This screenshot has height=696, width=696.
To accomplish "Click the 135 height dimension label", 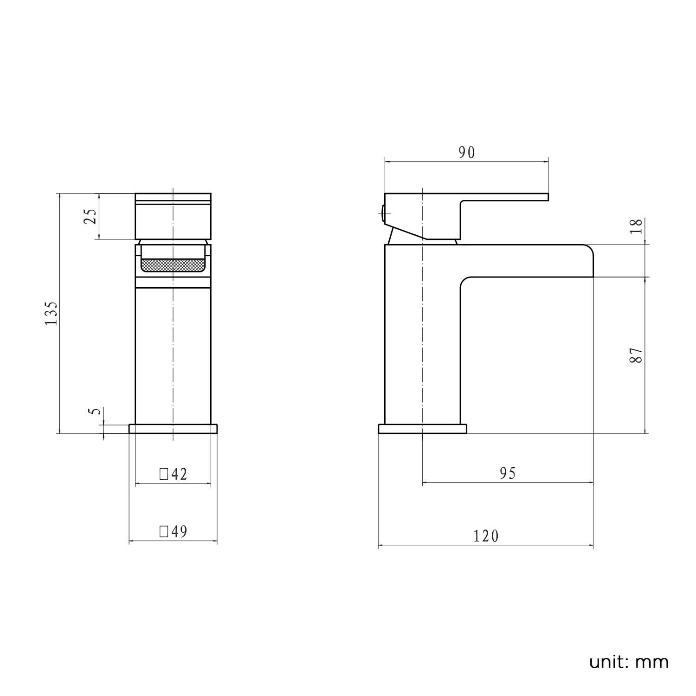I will point(52,313).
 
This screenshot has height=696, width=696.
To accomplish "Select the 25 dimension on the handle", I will point(90,216).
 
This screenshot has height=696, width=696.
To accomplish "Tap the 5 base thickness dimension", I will point(95,411).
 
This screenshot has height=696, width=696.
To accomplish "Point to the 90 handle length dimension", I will point(467,153).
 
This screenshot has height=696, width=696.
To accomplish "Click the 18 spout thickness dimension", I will point(638,226).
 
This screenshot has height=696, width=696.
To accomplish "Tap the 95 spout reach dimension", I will point(508,473).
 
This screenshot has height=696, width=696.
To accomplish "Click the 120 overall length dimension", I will point(486,536).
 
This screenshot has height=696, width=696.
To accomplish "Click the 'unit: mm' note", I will point(629,662).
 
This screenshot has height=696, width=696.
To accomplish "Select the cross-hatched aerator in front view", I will point(173,265).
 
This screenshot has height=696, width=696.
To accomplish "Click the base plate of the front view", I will point(173,428).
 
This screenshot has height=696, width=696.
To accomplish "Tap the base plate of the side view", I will point(422,429).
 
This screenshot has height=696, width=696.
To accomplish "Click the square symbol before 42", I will point(163,474).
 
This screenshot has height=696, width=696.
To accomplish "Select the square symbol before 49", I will point(163,531).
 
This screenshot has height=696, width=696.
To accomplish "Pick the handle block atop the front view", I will point(173,216).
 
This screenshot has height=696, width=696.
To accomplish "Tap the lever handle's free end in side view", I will point(541,197).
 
